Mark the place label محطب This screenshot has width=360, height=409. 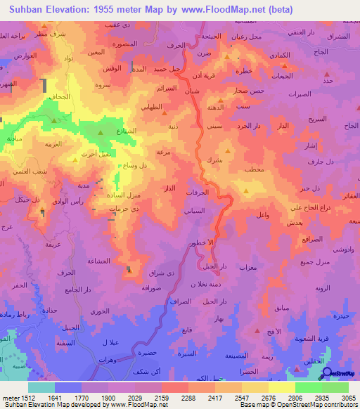(252, 170)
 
